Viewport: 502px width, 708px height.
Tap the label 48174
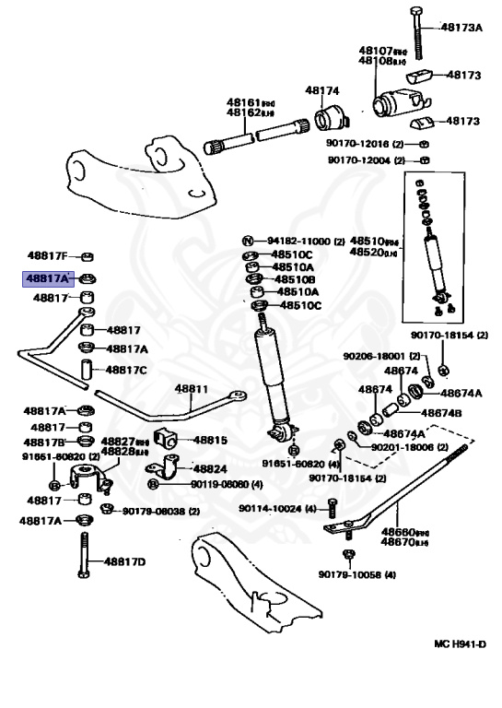pos(322,91)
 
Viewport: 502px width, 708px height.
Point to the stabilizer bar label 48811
pos(193,390)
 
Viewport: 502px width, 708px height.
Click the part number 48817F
pos(47,255)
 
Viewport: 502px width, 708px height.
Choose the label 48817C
pos(126,370)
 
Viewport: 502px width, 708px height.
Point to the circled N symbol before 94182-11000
pos(248,240)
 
